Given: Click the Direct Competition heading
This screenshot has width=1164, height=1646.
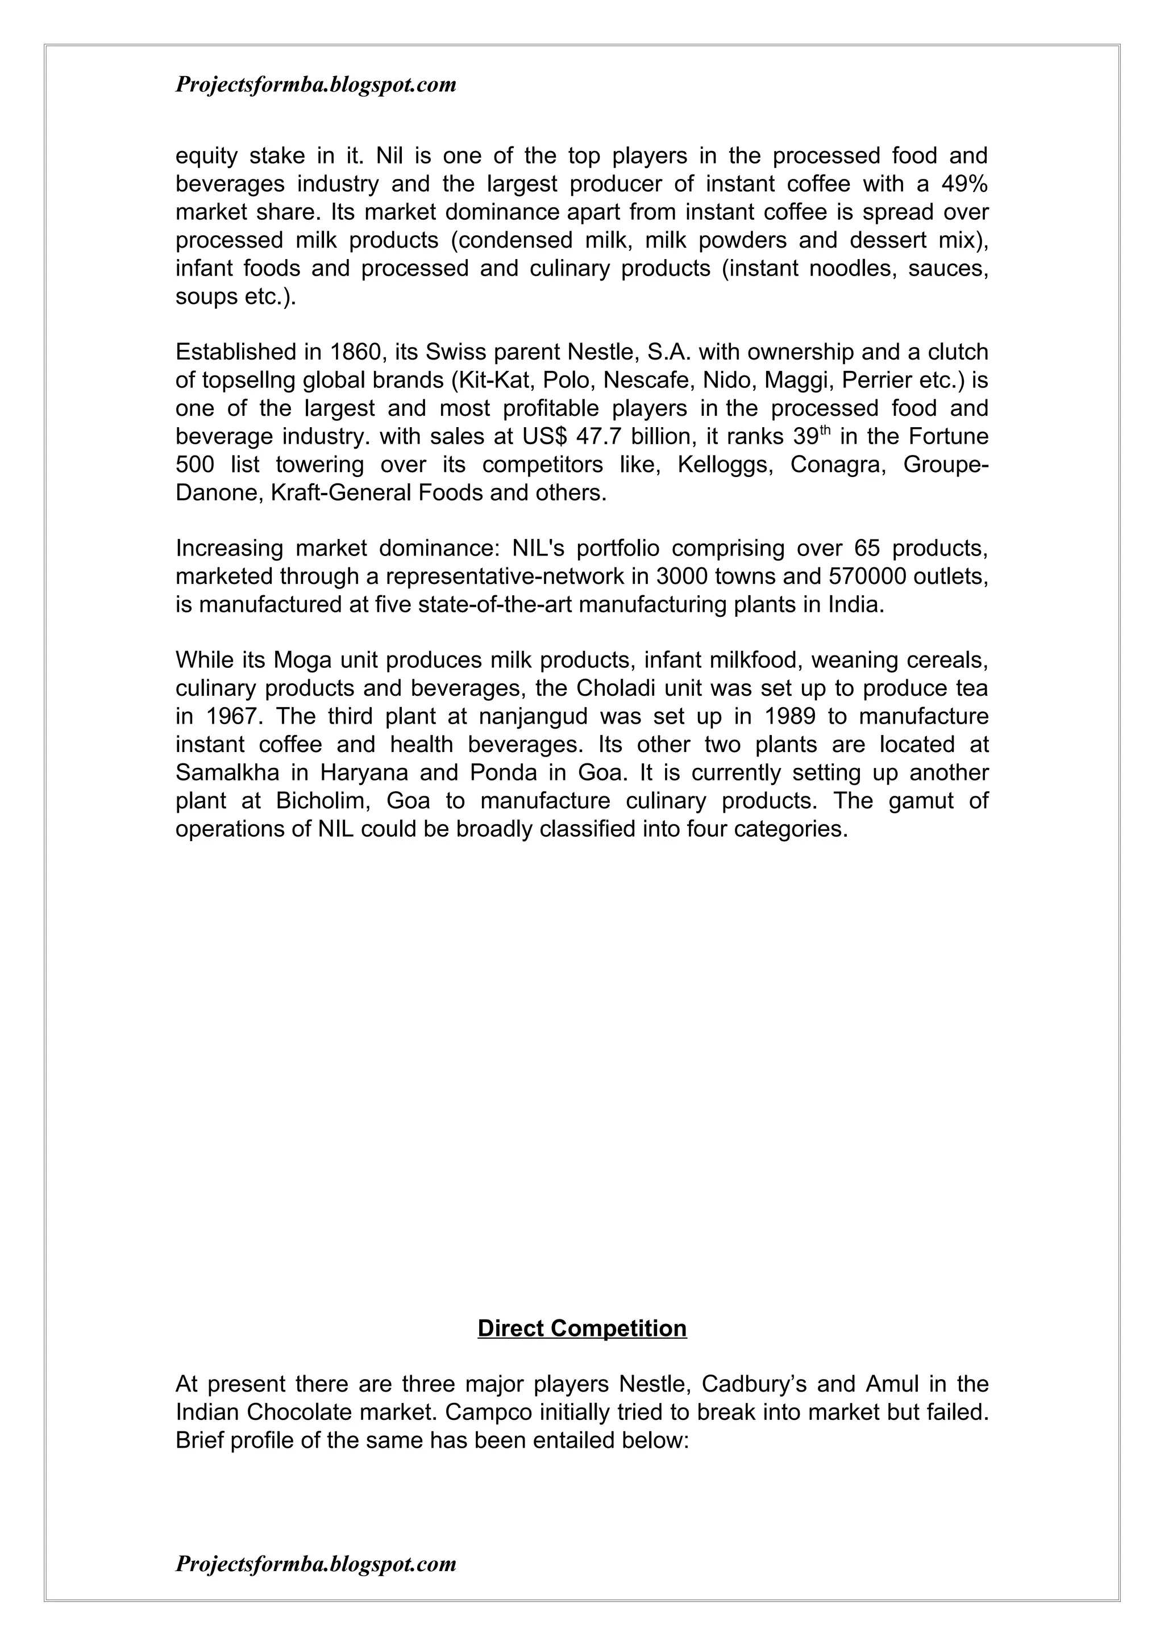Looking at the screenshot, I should tap(581, 1329).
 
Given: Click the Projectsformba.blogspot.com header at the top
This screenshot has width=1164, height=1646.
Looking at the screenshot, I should tap(315, 85).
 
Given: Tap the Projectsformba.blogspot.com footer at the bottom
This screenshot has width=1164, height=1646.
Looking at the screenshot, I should tap(315, 1564).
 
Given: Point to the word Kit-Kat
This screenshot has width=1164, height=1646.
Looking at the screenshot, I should tap(492, 380).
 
